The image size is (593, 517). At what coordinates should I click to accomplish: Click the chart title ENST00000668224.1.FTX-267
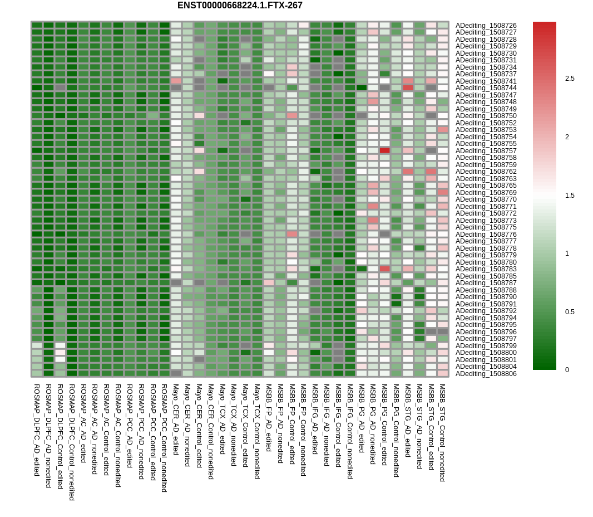pyautogui.click(x=240, y=6)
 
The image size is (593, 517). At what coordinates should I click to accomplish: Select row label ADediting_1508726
pyautogui.click(x=486, y=26)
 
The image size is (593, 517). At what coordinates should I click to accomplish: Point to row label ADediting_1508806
pyautogui.click(x=486, y=374)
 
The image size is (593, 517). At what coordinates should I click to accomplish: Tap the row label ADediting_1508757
pyautogui.click(x=486, y=151)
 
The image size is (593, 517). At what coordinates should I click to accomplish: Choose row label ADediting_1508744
pyautogui.click(x=486, y=88)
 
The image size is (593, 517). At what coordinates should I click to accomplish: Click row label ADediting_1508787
pyautogui.click(x=486, y=283)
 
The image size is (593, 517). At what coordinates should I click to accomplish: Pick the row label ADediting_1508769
pyautogui.click(x=486, y=193)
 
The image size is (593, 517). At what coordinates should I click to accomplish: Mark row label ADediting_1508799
pyautogui.click(x=486, y=346)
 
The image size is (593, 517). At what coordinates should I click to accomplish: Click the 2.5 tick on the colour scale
pyautogui.click(x=570, y=79)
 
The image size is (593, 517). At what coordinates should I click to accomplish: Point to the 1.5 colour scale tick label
pyautogui.click(x=570, y=196)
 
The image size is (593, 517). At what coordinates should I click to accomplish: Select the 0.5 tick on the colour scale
pyautogui.click(x=570, y=312)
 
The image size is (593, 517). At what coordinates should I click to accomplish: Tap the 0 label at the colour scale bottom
pyautogui.click(x=567, y=370)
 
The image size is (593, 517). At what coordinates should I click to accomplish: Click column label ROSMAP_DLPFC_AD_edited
pyautogui.click(x=37, y=430)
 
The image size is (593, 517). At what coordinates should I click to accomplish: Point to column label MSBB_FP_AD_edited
pyautogui.click(x=269, y=417)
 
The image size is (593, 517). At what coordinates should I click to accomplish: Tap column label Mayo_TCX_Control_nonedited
pyautogui.click(x=257, y=431)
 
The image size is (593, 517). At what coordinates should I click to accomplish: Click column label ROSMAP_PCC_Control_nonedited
pyautogui.click(x=164, y=438)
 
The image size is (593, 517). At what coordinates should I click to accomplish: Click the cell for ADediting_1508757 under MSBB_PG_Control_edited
pyautogui.click(x=384, y=150)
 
